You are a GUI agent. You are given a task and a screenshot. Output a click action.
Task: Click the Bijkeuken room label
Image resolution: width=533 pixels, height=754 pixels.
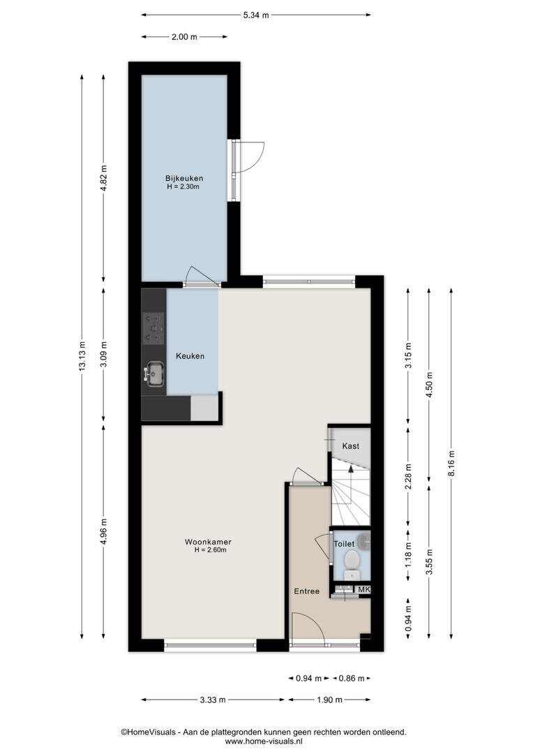(x=183, y=179)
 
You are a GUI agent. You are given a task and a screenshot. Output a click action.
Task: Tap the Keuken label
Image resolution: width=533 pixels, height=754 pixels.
(x=190, y=356)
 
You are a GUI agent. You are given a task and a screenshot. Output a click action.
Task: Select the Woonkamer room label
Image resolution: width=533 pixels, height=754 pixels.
(x=208, y=542)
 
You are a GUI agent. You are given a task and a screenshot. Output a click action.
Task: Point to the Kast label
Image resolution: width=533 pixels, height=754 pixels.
(x=350, y=446)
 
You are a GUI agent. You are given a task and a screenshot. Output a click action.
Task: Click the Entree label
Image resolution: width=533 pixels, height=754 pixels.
(x=307, y=591)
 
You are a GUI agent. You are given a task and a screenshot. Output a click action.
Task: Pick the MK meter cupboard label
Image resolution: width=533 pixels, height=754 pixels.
(x=364, y=589)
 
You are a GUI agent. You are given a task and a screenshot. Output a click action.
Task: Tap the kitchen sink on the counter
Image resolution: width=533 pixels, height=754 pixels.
(x=155, y=374)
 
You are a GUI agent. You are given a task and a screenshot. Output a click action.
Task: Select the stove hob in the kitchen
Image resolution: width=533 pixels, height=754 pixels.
(x=153, y=328)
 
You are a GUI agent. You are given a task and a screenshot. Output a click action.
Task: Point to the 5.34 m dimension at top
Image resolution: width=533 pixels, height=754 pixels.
(x=255, y=15)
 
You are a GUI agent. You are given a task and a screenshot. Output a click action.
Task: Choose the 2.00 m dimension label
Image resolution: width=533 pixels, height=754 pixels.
(x=184, y=36)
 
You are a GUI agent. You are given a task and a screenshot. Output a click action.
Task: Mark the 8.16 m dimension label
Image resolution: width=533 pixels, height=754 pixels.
(x=451, y=463)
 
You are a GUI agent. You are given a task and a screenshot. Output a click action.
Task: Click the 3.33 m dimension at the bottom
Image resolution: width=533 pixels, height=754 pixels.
(x=212, y=700)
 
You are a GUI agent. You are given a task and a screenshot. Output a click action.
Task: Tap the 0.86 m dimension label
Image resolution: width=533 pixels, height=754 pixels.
(x=352, y=679)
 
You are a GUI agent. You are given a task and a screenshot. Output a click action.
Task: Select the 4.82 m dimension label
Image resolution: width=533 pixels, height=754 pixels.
(x=104, y=178)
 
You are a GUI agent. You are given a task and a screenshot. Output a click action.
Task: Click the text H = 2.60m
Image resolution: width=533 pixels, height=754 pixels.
(x=211, y=550)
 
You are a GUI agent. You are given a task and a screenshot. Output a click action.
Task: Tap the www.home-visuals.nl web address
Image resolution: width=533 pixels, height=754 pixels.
(x=264, y=741)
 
